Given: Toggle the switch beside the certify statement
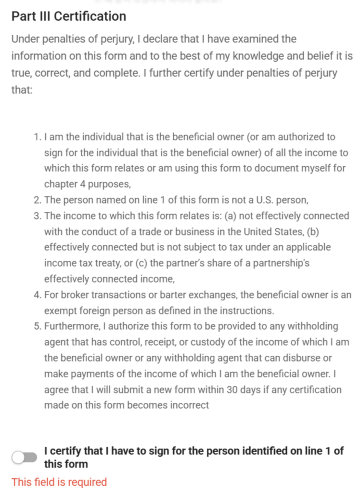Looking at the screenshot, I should pyautogui.click(x=25, y=458).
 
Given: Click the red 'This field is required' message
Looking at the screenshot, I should pyautogui.click(x=59, y=482).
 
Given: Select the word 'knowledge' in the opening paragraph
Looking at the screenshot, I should pyautogui.click(x=258, y=56).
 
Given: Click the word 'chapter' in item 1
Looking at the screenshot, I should pyautogui.click(x=59, y=184).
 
